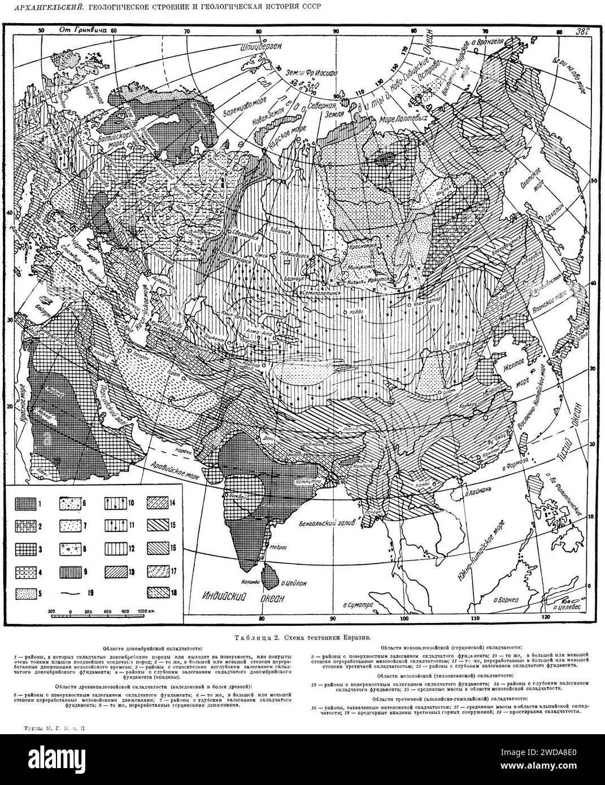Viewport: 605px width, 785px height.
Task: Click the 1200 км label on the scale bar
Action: (x=147, y=611)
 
